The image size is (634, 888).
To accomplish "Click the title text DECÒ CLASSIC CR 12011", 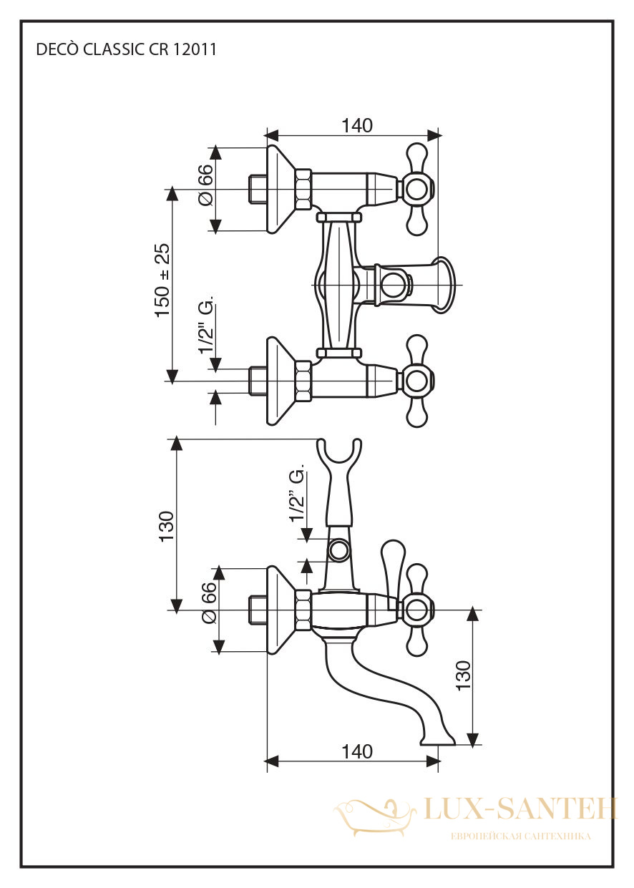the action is [x=126, y=50].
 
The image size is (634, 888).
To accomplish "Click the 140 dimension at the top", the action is [x=357, y=126].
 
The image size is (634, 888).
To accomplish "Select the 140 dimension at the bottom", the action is [x=357, y=751].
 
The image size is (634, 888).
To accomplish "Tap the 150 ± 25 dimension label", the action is [x=163, y=280].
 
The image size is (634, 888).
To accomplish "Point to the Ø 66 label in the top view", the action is [x=206, y=185].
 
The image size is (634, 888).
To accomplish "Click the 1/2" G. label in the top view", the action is [x=206, y=323].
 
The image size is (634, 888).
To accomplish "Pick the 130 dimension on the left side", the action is [x=166, y=526].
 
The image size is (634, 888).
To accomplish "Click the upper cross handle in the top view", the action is [x=417, y=189].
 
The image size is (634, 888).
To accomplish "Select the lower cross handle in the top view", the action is [x=417, y=381].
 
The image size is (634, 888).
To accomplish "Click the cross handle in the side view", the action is [x=417, y=610].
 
